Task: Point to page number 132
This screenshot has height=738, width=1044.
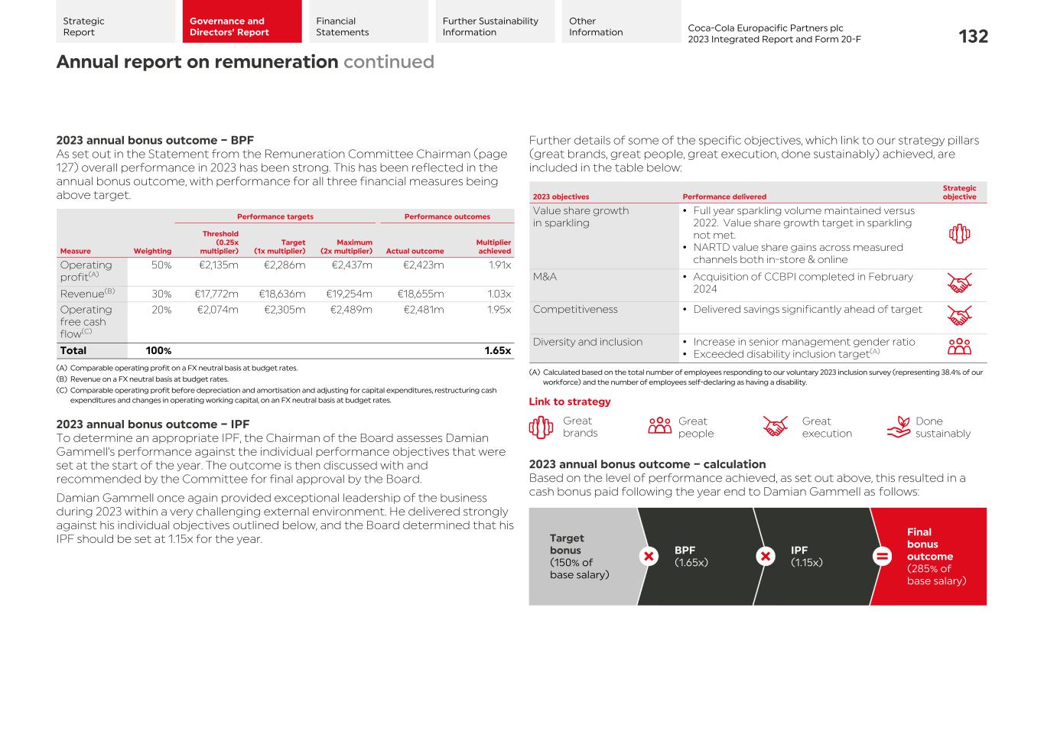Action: click(973, 37)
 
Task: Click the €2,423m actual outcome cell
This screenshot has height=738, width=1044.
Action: click(424, 265)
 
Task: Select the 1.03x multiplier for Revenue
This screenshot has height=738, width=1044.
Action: click(499, 294)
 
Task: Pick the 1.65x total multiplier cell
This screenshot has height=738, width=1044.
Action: click(497, 351)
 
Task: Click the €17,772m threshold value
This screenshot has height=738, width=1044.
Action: click(216, 294)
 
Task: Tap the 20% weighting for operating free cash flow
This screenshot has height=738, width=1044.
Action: click(161, 310)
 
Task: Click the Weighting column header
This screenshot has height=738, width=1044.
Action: click(152, 251)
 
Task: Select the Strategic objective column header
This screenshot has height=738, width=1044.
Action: click(959, 192)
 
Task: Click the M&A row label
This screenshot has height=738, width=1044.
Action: click(545, 277)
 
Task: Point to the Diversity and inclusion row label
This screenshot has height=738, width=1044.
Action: click(587, 342)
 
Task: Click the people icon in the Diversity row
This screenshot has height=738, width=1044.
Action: click(959, 347)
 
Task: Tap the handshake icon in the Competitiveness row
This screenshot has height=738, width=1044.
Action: click(959, 315)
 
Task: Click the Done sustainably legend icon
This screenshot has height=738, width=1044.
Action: click(899, 427)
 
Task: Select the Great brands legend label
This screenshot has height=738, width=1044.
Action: click(580, 427)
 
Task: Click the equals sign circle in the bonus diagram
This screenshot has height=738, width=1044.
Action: click(882, 556)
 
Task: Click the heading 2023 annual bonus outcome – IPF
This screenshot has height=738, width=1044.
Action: click(153, 424)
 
